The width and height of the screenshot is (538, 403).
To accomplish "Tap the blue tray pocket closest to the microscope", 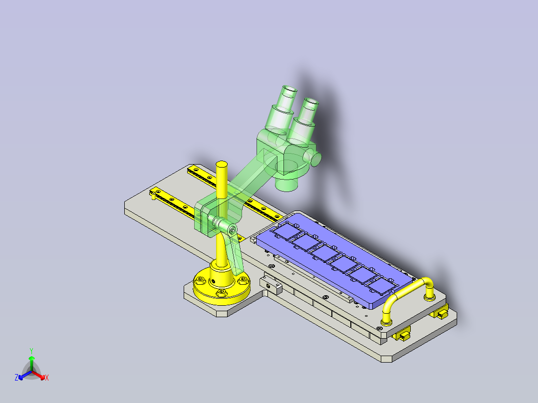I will point(285,231).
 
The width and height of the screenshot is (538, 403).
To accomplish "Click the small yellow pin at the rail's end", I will point(153,196).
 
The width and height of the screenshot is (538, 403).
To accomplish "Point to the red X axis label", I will point(47,378).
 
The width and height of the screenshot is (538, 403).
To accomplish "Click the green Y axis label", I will point(31,351).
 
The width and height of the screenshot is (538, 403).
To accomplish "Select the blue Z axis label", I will point(16,378).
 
